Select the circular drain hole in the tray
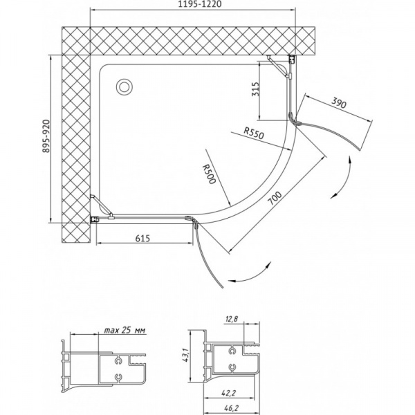coord(125,86)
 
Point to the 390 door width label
coord(338,104)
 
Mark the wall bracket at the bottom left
coord(97,219)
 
